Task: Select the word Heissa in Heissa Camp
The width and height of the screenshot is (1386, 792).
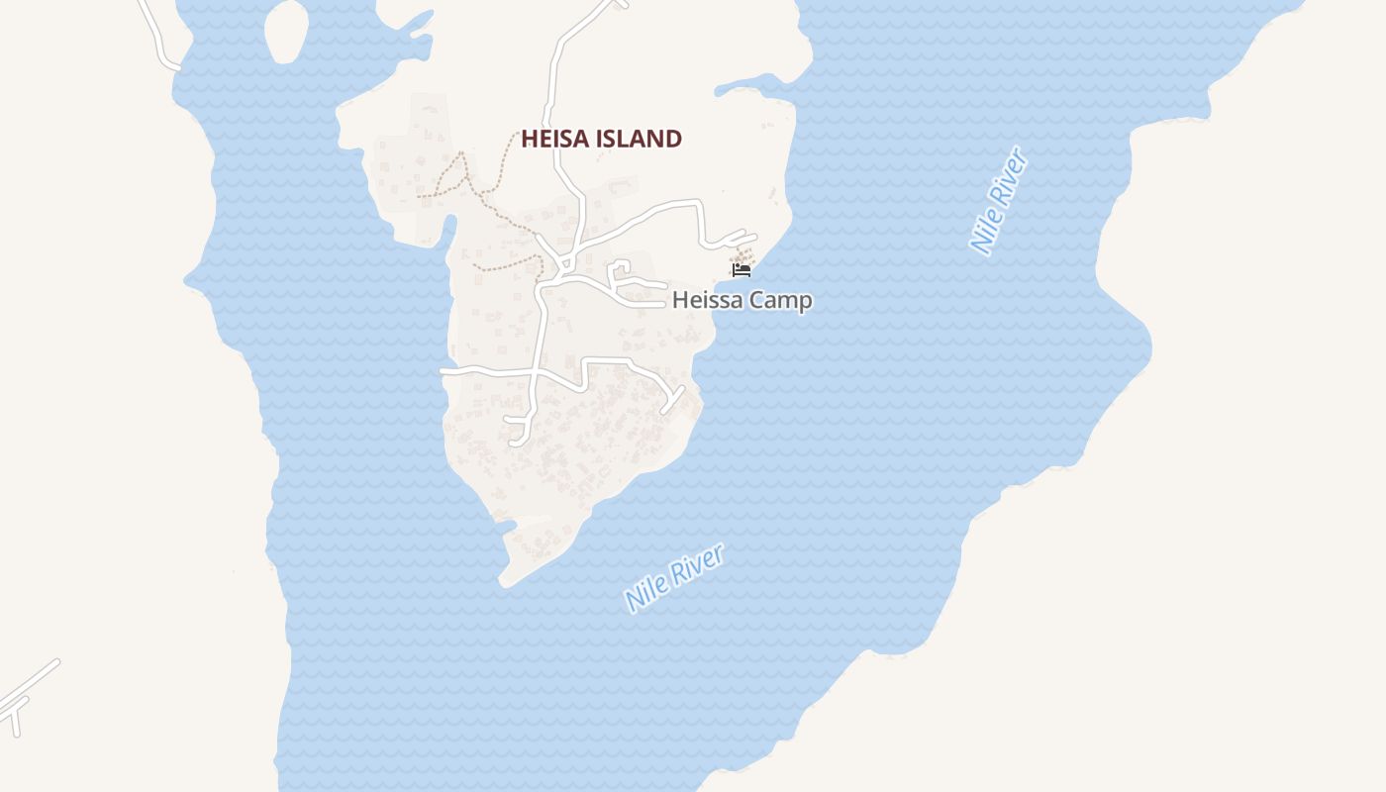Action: click(x=706, y=300)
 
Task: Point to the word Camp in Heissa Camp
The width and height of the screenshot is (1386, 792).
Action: click(x=779, y=300)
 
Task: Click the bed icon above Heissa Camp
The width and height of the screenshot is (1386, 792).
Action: click(x=741, y=269)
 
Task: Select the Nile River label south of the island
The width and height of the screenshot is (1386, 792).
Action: click(x=674, y=577)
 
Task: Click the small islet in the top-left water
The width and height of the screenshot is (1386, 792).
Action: click(x=286, y=32)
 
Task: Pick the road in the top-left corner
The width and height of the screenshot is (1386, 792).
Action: click(x=157, y=35)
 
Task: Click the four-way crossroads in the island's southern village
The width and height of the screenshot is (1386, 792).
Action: click(x=535, y=373)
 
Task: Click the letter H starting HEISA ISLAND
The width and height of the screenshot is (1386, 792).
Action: click(x=529, y=139)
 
